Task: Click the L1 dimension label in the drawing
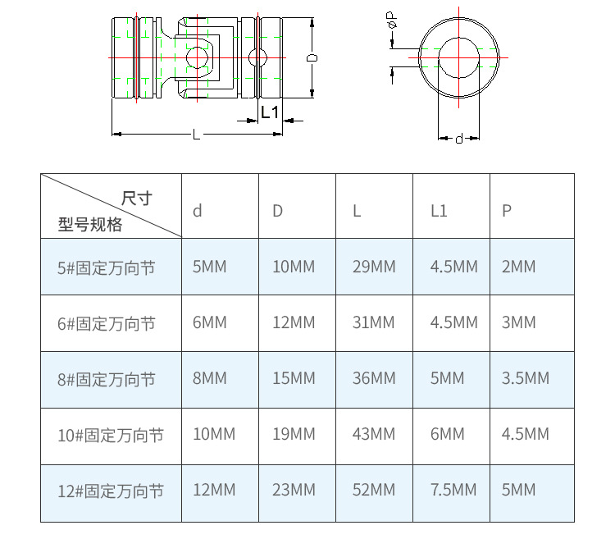tap(270, 112)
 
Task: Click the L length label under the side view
tap(196, 135)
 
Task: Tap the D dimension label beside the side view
tap(312, 57)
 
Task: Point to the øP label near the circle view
tap(392, 20)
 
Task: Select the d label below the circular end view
tap(459, 139)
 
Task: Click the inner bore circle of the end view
tap(439, 57)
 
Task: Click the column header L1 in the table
tap(439, 211)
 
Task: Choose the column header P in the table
tap(507, 211)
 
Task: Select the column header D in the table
tap(277, 211)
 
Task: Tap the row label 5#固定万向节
tap(107, 268)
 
